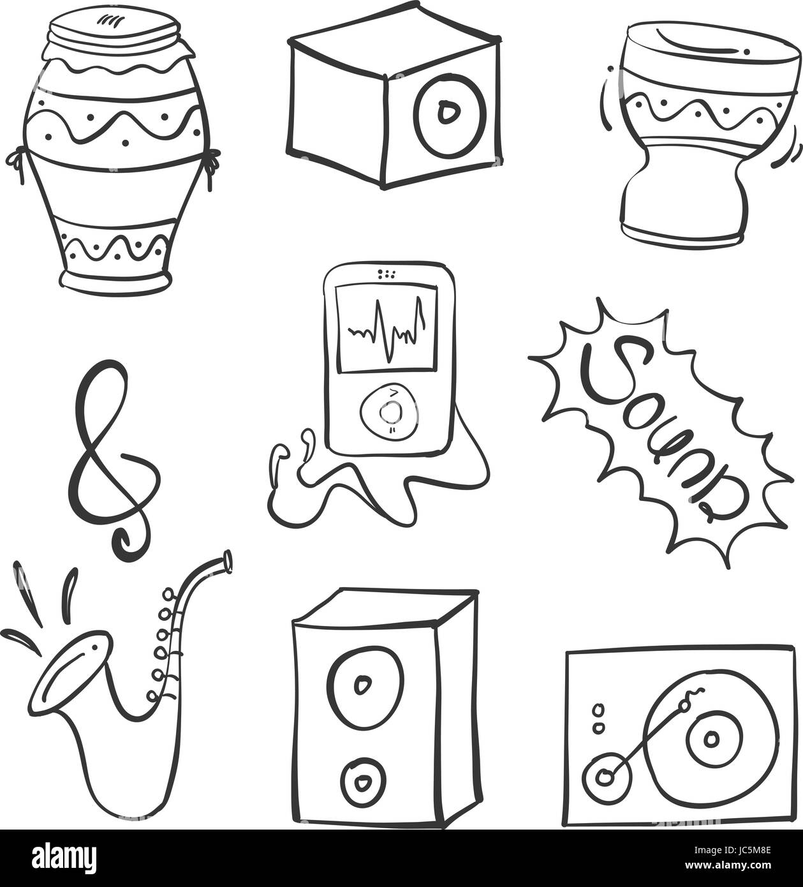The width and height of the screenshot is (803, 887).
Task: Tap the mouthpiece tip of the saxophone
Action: [x=226, y=561]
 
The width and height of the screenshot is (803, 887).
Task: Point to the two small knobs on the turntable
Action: [x=598, y=718]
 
